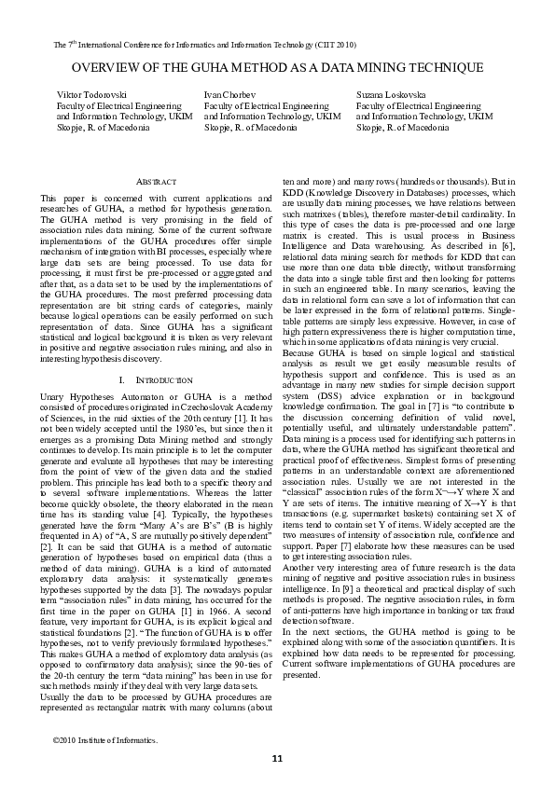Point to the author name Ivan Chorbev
[x=228, y=96]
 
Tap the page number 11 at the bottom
[x=277, y=758]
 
